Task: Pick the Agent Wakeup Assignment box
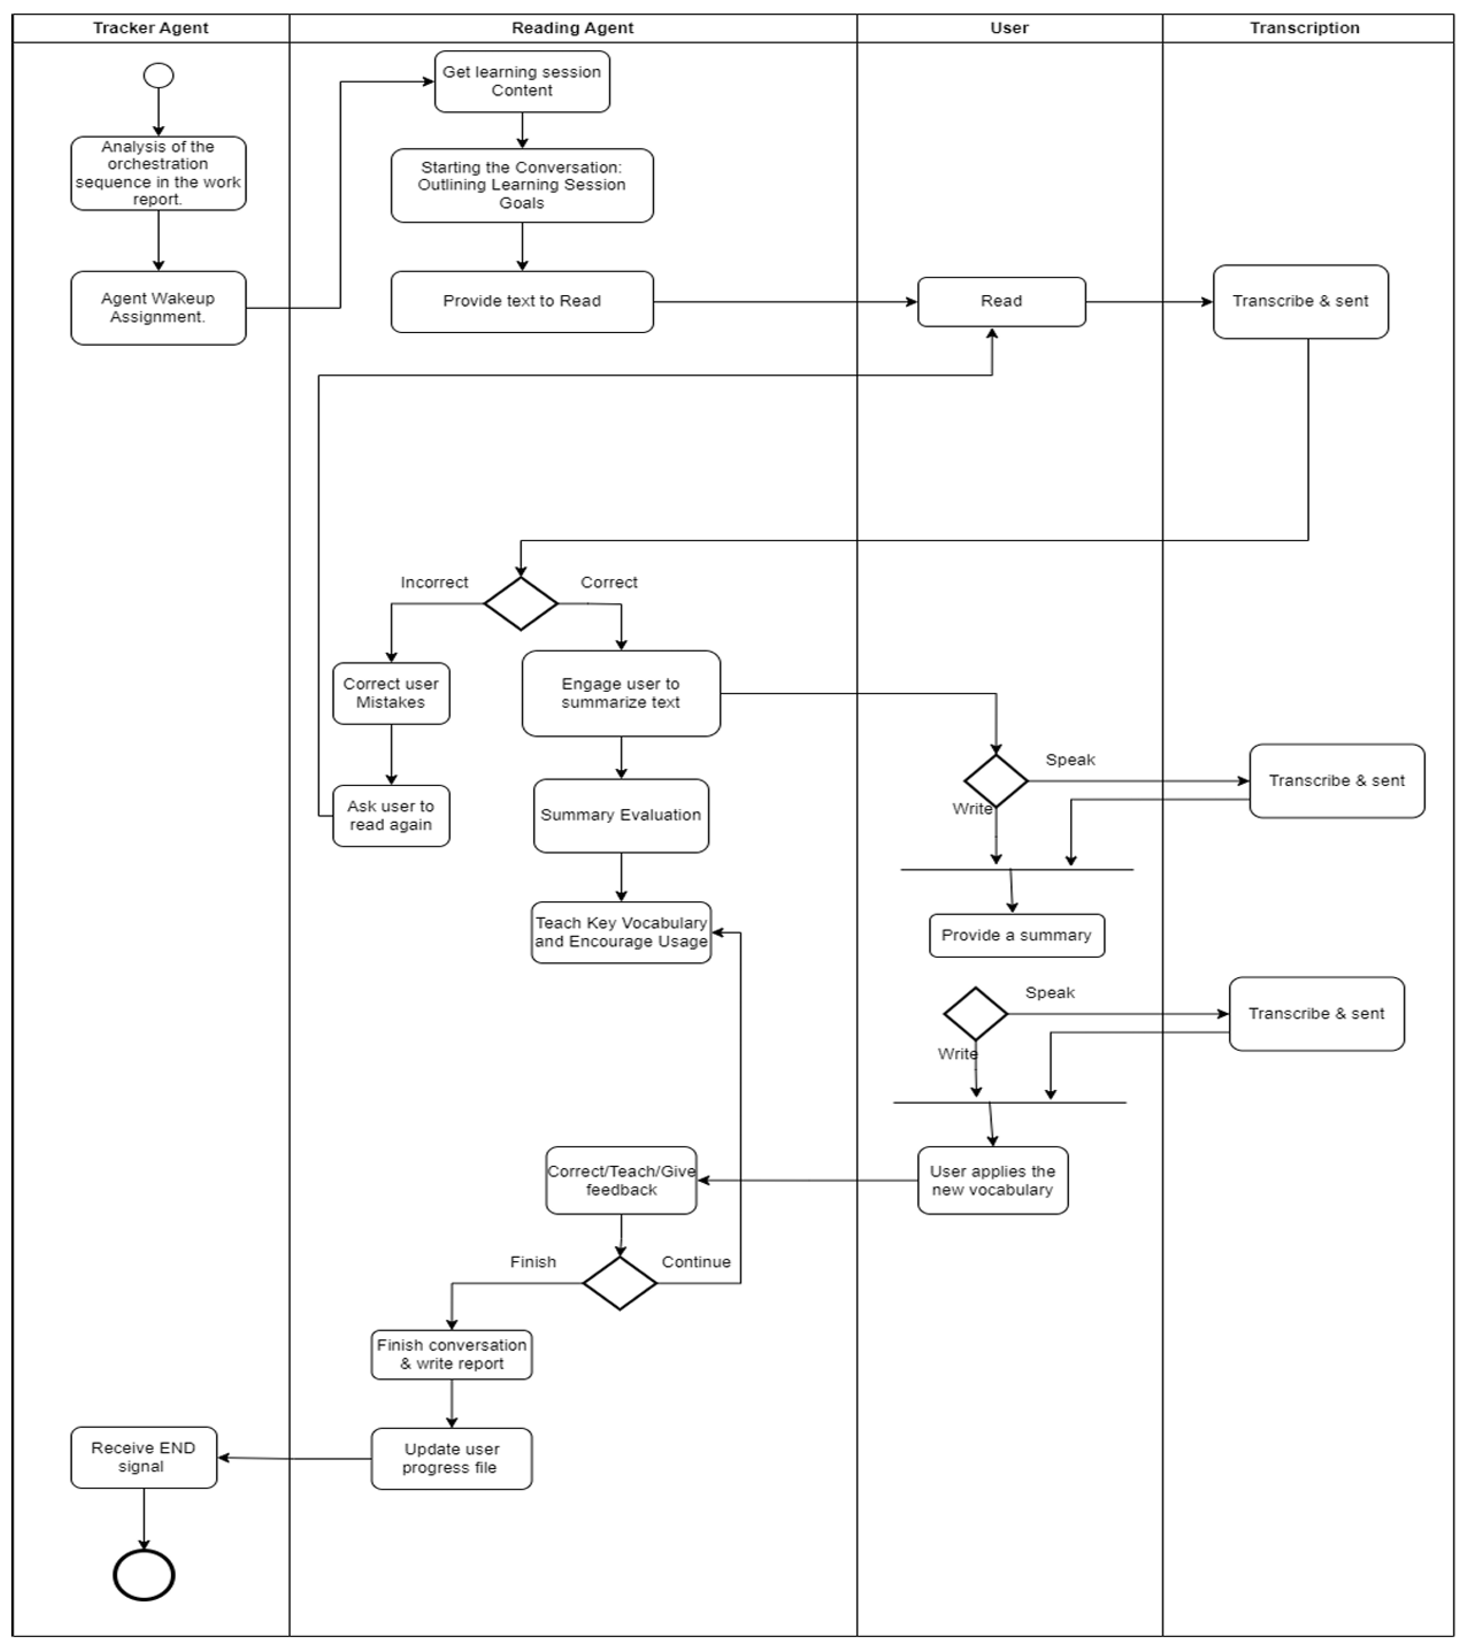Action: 158,308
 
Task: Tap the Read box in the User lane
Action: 1001,302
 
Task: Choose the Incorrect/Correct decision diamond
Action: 521,603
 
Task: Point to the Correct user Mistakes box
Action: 391,693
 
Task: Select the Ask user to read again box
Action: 391,816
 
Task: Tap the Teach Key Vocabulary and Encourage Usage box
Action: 621,932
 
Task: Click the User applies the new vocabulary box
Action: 992,1180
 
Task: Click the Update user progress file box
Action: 451,1459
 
